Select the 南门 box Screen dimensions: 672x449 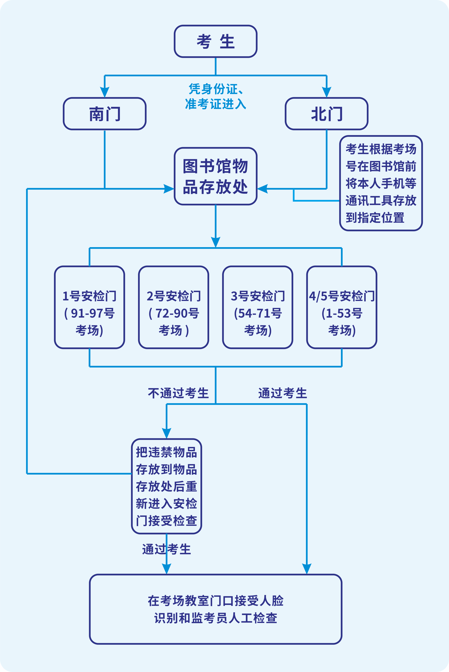[x=105, y=114]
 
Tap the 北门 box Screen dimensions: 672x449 [x=326, y=114]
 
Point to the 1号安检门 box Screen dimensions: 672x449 [x=89, y=307]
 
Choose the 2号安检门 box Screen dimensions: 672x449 [x=174, y=307]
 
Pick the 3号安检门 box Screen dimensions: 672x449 [x=258, y=307]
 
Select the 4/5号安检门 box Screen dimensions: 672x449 [x=342, y=307]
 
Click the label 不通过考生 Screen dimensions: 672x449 [x=178, y=393]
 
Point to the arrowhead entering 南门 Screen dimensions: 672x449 [x=105, y=92]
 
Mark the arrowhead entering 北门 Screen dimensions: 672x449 [x=326, y=92]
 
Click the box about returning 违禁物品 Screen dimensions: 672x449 [x=166, y=486]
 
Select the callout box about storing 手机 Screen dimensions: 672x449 [x=381, y=183]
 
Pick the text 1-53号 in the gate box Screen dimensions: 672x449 [x=344, y=313]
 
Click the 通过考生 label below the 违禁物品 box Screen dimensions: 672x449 [x=166, y=549]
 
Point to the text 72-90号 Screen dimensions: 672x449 [x=177, y=313]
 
